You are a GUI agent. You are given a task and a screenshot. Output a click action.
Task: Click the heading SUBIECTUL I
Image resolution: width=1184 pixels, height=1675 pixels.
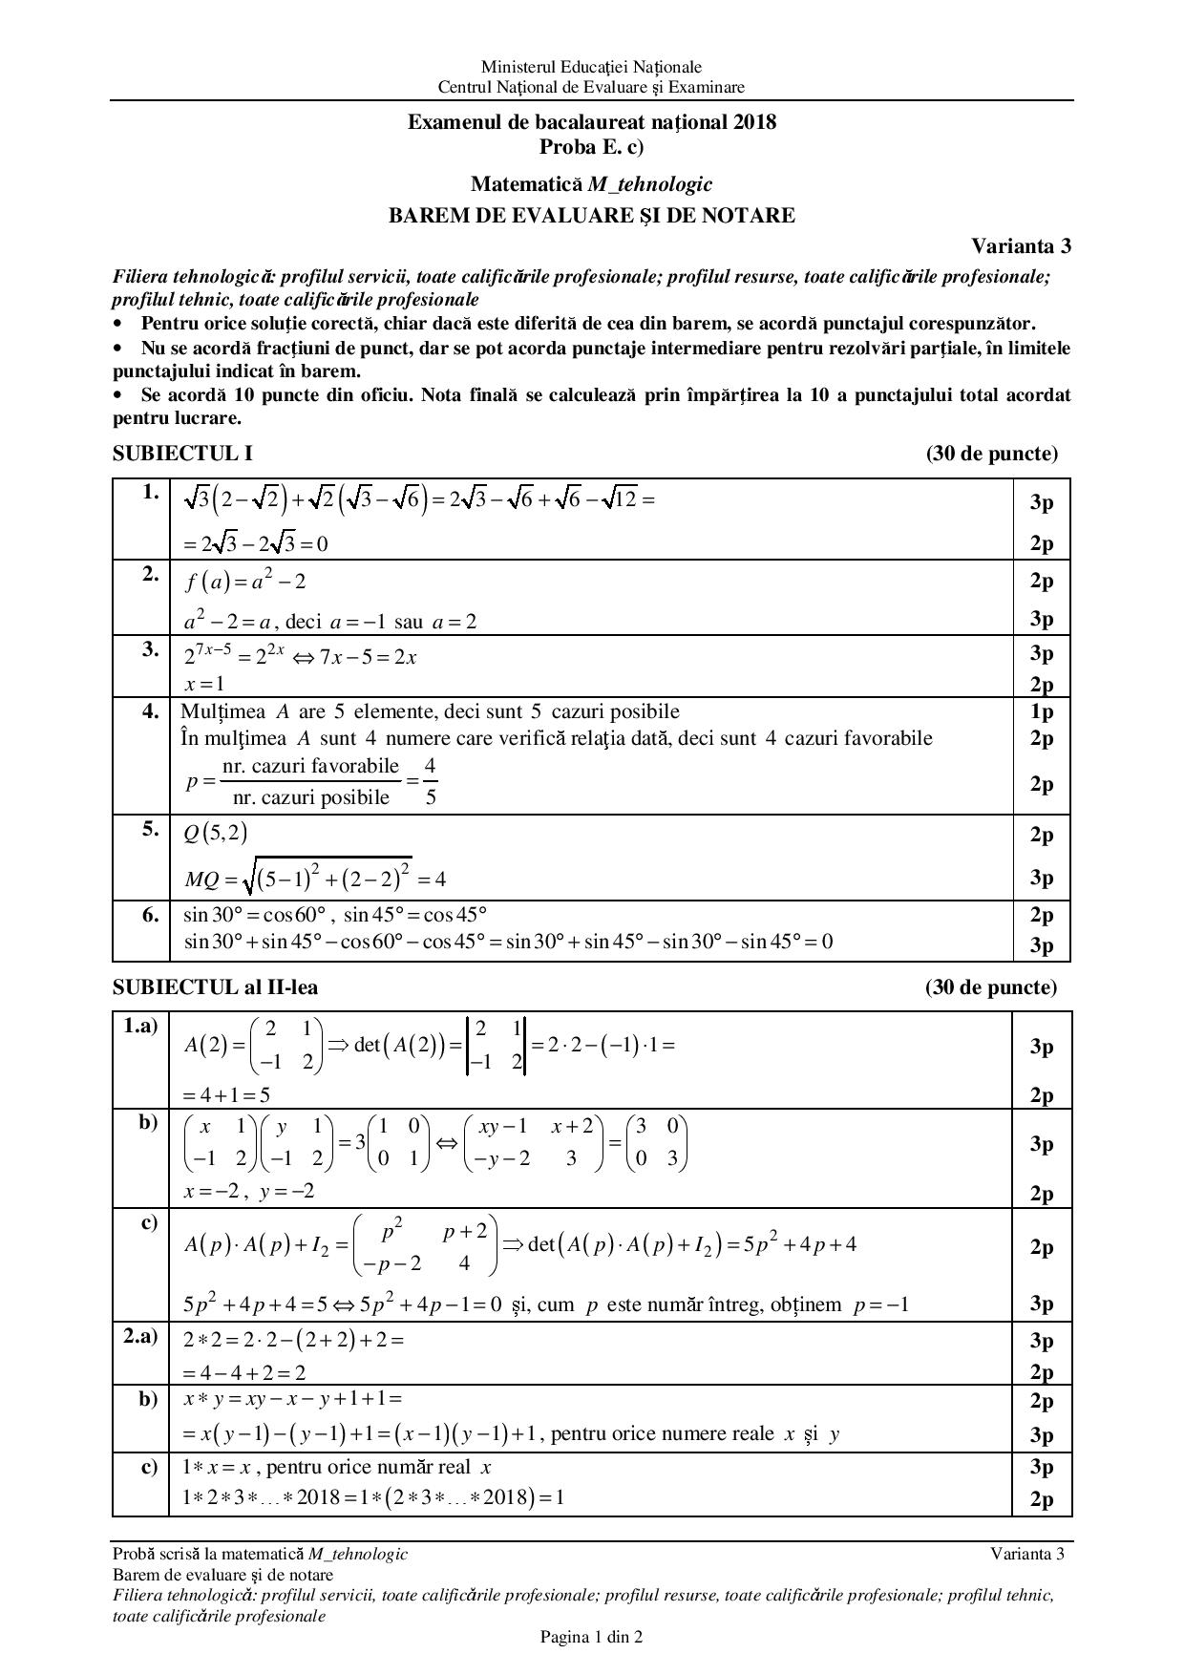click(x=182, y=454)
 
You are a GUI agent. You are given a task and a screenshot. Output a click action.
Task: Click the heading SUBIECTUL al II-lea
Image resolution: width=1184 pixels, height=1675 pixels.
click(x=215, y=986)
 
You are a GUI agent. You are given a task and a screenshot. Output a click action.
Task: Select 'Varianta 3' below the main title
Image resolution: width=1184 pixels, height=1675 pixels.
click(x=1021, y=245)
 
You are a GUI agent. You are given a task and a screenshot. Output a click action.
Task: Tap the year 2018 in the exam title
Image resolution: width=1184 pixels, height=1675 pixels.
click(x=755, y=122)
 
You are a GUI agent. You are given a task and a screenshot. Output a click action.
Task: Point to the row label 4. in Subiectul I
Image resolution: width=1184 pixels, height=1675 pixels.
click(x=150, y=711)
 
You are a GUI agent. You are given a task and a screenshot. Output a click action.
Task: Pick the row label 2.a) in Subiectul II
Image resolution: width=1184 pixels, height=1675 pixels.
click(x=139, y=1337)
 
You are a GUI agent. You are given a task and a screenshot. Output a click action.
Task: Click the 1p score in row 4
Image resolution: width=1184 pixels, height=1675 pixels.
click(x=1041, y=711)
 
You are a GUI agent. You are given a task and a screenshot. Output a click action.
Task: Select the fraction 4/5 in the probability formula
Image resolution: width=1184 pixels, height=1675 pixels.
click(x=430, y=781)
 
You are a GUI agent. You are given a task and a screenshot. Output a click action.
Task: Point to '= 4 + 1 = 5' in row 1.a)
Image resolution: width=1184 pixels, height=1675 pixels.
click(x=226, y=1095)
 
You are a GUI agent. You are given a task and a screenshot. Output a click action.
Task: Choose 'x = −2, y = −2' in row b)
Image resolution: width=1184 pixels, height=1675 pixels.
click(x=248, y=1191)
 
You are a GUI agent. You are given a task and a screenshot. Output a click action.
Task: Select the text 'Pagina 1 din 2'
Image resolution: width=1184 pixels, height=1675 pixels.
click(x=591, y=1637)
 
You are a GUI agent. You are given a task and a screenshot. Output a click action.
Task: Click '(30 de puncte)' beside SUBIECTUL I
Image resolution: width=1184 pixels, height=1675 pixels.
click(x=991, y=454)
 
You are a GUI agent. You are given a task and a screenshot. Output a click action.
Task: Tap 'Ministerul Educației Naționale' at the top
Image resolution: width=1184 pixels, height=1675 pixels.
click(x=591, y=67)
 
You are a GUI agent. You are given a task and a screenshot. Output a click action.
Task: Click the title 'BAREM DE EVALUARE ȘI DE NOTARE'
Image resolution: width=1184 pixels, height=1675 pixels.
click(x=591, y=216)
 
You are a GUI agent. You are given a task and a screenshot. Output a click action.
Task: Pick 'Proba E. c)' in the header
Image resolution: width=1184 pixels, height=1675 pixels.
click(x=591, y=146)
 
